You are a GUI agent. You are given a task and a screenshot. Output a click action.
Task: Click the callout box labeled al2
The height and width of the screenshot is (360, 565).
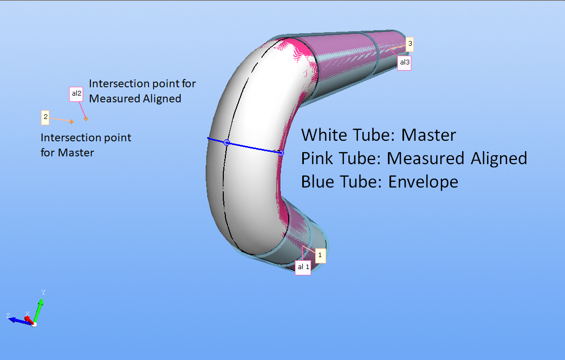[x=76, y=94]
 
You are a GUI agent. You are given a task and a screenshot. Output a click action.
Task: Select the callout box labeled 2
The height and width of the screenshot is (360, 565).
[x=46, y=117]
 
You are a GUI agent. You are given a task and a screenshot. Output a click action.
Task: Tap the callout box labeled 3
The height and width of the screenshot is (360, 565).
[x=410, y=45]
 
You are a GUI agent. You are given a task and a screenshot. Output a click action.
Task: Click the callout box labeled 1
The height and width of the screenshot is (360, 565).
[x=320, y=256]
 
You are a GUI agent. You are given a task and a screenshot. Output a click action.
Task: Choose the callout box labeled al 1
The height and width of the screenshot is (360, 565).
[x=303, y=267]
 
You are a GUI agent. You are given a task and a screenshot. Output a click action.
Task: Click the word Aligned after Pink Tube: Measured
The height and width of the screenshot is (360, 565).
[x=499, y=158]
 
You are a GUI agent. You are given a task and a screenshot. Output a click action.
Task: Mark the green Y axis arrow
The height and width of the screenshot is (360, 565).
[x=39, y=310]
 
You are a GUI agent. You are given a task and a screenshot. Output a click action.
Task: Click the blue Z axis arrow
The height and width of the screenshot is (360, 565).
[x=17, y=321]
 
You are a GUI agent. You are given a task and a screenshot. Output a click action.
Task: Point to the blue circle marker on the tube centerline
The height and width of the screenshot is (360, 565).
[x=226, y=142]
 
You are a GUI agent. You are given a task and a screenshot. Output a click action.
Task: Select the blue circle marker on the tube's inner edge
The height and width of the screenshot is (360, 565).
[x=281, y=153]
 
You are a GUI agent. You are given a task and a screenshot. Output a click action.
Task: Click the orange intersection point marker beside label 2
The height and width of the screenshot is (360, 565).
[x=72, y=122]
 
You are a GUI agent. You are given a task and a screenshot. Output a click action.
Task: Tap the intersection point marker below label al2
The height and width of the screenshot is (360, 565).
[x=86, y=119]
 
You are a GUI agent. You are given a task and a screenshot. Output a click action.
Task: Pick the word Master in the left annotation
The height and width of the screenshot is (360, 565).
[x=76, y=153]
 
